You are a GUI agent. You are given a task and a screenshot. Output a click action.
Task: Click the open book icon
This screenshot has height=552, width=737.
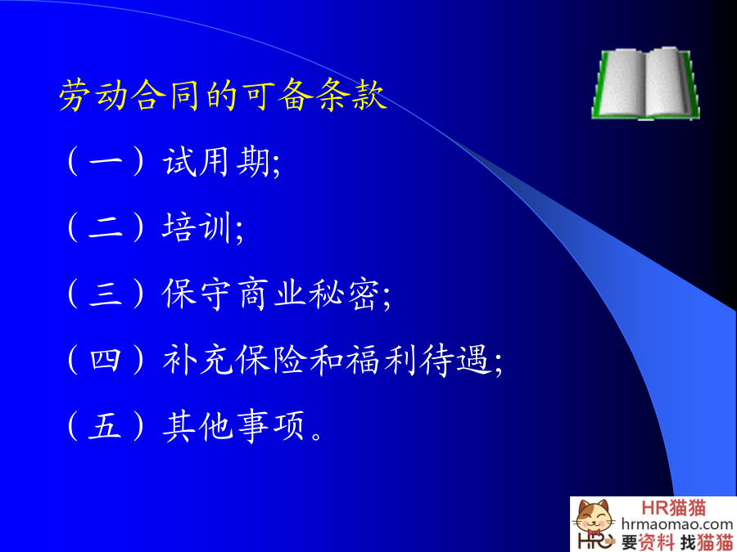tap(645, 83)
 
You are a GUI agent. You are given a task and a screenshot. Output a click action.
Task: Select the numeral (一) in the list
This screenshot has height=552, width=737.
tap(106, 161)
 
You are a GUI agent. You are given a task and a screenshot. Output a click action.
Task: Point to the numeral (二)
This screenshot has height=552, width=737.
tap(106, 227)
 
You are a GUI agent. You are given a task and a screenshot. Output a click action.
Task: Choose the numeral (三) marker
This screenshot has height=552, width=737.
tap(106, 294)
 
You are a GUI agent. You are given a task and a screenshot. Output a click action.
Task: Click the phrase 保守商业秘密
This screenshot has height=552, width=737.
tap(271, 294)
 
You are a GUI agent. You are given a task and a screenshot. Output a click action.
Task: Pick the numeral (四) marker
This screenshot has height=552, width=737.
tap(106, 360)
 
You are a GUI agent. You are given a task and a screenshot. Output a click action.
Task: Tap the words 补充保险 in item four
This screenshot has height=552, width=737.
tap(233, 360)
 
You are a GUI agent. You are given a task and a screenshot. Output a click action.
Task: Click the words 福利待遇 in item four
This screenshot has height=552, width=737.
tap(418, 360)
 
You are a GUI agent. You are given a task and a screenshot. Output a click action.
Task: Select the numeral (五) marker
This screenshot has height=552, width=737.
tap(106, 426)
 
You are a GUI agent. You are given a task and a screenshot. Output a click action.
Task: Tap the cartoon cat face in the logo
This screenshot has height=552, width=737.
tap(593, 518)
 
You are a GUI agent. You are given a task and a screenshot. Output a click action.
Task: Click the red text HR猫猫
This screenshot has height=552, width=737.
tap(674, 507)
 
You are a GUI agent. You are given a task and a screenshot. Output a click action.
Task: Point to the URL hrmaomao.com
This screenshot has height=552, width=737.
tap(677, 524)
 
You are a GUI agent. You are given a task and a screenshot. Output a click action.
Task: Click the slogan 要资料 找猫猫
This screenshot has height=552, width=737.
tap(677, 541)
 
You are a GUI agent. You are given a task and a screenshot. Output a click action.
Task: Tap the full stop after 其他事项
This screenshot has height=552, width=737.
tap(317, 437)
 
